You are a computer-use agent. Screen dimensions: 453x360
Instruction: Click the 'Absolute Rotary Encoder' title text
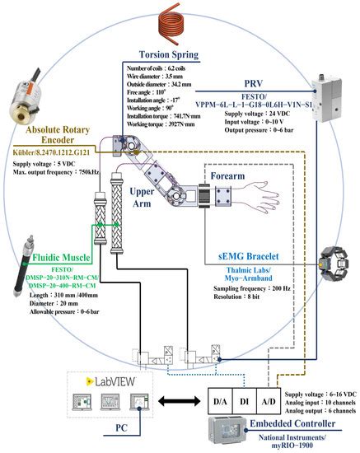(x=49, y=134)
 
